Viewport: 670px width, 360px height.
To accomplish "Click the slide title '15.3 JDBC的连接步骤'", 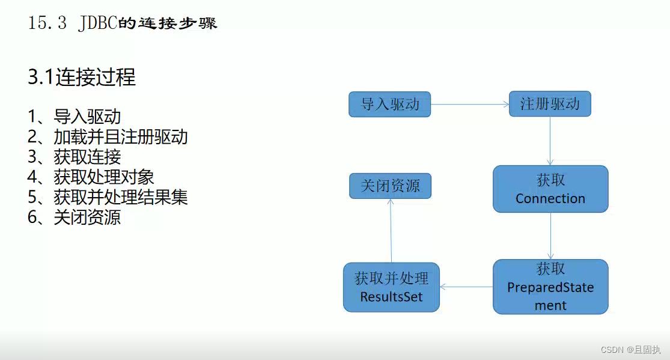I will coord(123,23).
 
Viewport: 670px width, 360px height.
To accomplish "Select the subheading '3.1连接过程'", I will coord(82,77).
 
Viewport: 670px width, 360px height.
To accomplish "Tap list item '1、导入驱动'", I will coord(75,117).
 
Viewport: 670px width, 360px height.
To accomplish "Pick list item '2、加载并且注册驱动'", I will coord(108,137).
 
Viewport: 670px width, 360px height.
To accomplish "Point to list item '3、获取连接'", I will coord(75,157).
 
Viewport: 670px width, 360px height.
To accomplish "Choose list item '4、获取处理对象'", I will coord(91,177).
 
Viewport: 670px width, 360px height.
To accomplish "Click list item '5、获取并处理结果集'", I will coord(108,197).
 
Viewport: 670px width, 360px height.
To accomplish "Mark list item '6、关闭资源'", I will coord(75,217).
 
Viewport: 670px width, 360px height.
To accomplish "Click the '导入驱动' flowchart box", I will coord(390,104).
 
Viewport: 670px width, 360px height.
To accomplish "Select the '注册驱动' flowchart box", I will coord(550,104).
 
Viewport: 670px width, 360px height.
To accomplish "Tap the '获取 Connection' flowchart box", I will coord(550,189).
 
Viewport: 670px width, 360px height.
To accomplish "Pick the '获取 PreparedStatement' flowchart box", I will coord(550,286).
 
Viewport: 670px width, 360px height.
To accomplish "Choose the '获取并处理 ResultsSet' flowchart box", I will coord(391,287).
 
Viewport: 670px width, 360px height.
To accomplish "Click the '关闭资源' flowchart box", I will coord(390,186).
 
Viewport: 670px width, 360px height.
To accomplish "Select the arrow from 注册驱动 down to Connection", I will coord(550,141).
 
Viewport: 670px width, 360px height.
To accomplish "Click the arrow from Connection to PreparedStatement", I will coord(550,236).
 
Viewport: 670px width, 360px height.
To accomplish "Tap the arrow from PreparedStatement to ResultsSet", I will coord(466,287).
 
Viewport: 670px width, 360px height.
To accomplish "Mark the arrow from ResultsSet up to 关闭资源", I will coord(391,231).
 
